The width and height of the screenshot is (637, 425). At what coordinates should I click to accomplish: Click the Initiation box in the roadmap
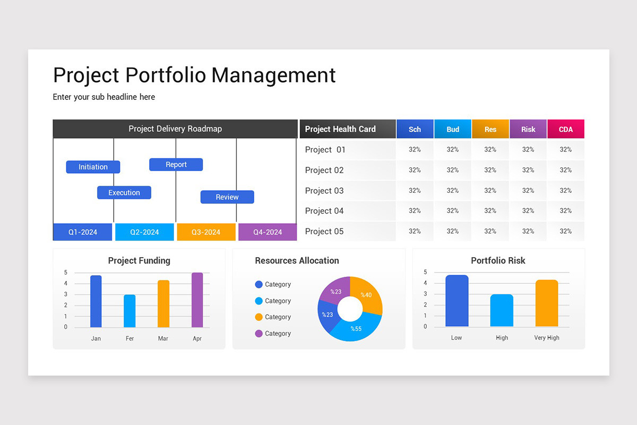click(93, 167)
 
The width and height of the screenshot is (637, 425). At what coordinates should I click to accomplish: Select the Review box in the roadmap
click(227, 197)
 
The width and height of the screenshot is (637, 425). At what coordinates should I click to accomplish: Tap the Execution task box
click(124, 192)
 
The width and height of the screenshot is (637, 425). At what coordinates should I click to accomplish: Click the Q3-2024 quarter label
click(206, 232)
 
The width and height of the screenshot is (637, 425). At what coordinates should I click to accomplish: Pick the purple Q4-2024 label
click(268, 232)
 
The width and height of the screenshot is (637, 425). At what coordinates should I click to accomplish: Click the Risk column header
click(528, 129)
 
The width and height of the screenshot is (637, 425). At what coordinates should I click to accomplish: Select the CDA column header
click(566, 129)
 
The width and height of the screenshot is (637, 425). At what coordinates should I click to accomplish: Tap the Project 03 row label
click(324, 191)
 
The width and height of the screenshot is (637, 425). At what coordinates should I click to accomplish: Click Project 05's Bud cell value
click(453, 231)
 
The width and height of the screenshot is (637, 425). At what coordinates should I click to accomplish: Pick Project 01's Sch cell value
click(415, 150)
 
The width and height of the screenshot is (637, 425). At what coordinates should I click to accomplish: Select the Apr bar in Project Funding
click(197, 300)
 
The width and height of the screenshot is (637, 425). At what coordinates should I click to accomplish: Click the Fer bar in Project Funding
click(130, 311)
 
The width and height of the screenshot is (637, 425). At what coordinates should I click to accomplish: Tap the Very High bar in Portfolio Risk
click(547, 303)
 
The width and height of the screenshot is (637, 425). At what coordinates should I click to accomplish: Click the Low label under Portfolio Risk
click(457, 338)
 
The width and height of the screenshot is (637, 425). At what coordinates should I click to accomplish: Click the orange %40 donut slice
click(368, 296)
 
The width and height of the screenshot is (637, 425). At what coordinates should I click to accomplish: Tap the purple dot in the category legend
click(259, 334)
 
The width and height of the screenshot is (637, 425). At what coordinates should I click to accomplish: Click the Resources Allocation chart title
click(297, 261)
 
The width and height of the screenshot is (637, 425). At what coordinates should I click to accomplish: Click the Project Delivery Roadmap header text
click(175, 129)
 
